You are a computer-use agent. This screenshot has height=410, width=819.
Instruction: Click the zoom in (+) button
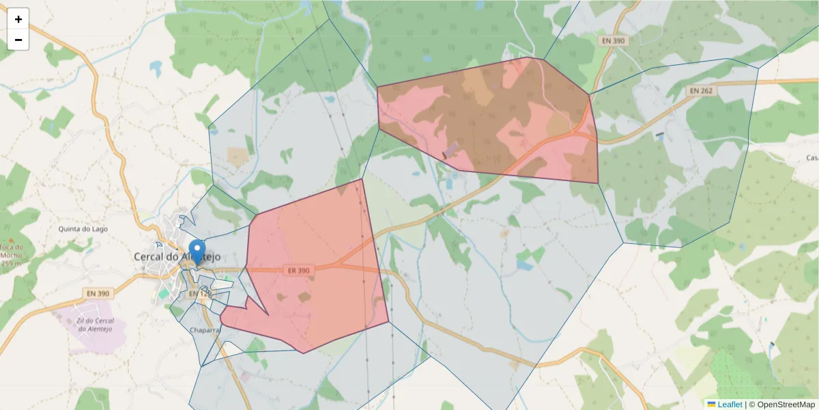(x=18, y=19)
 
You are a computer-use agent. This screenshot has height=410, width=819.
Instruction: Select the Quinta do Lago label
(x=84, y=229)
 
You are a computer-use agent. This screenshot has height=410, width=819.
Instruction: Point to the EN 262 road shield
(x=701, y=90)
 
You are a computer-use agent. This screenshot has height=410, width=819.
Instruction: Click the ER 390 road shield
(x=298, y=271)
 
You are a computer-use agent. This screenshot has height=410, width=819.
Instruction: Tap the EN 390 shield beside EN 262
(x=613, y=41)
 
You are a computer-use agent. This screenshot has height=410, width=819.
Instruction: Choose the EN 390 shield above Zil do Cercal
(x=98, y=293)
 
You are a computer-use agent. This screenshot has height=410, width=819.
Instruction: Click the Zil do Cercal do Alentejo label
(x=94, y=325)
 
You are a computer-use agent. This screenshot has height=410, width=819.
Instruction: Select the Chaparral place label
(x=205, y=329)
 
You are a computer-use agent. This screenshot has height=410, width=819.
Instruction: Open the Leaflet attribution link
(x=730, y=405)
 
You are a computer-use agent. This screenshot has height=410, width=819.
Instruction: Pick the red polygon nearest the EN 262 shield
(x=491, y=116)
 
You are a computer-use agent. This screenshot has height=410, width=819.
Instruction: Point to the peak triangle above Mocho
(x=11, y=239)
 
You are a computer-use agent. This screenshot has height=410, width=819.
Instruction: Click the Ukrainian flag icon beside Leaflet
(x=711, y=405)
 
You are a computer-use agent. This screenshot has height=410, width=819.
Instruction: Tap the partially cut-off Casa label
(x=812, y=158)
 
